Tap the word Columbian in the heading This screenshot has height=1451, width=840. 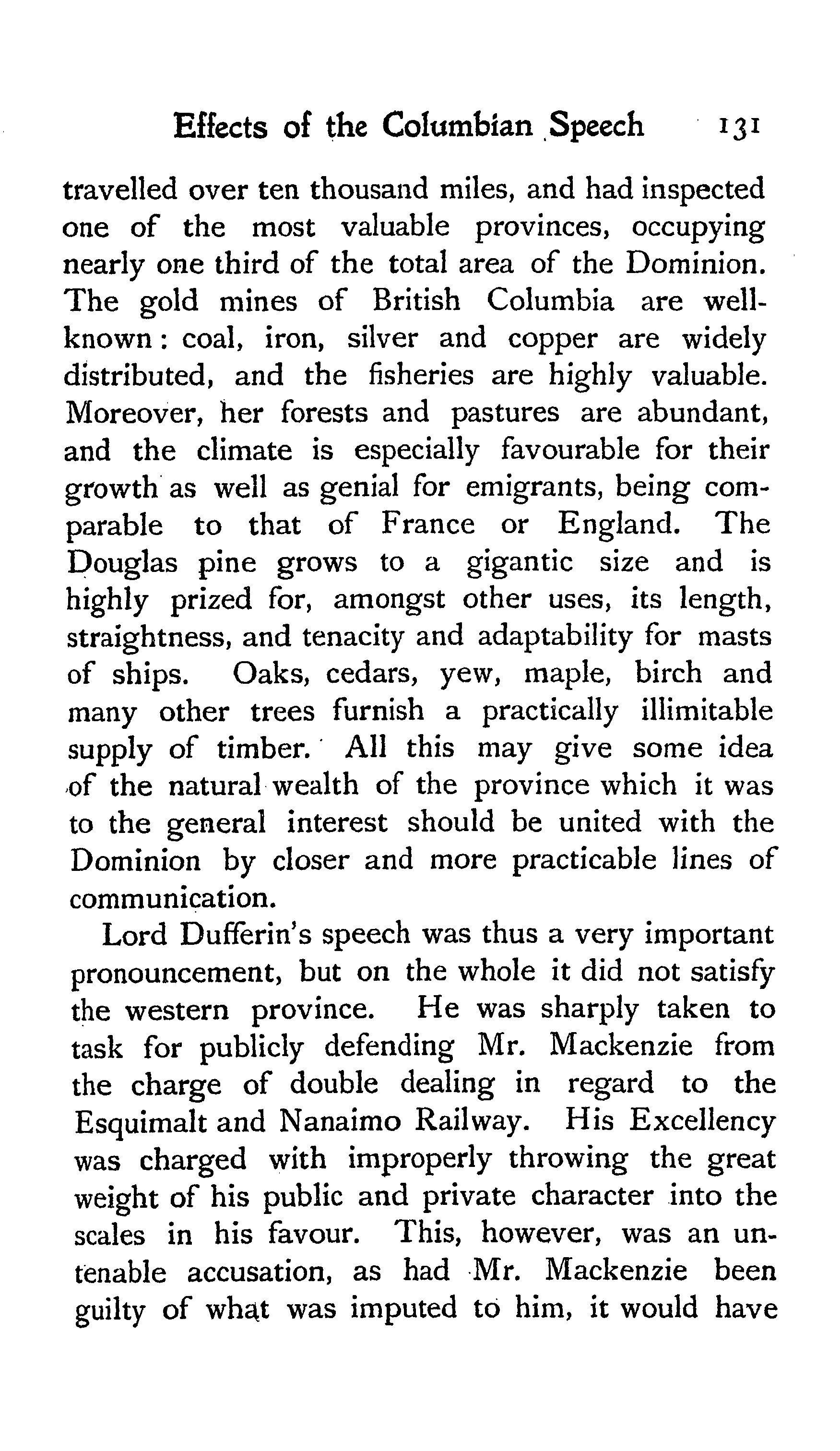click(457, 126)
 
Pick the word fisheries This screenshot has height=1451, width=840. click(421, 376)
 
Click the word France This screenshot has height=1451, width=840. click(428, 525)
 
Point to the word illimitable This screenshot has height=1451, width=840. click(707, 712)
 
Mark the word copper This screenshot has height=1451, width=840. click(552, 339)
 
